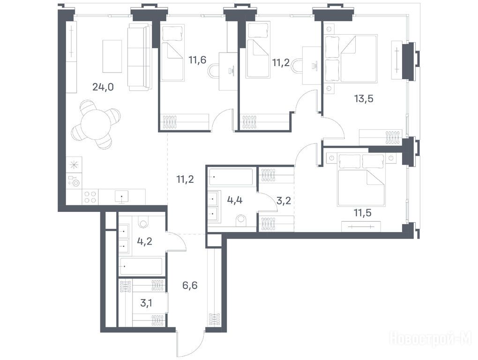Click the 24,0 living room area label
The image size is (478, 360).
(x=103, y=87)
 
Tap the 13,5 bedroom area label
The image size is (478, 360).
(x=364, y=99)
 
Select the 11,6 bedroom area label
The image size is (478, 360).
(x=197, y=60)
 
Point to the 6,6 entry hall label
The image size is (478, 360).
(x=190, y=285)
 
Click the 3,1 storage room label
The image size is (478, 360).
(x=147, y=303)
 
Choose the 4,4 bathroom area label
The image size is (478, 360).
(x=235, y=200)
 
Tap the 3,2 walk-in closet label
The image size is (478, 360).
(x=284, y=201)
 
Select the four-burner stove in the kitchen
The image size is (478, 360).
(x=90, y=197)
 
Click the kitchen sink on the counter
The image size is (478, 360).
(x=122, y=196)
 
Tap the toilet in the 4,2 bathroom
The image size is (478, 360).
(x=142, y=222)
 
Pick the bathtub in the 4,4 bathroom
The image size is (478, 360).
(x=231, y=177)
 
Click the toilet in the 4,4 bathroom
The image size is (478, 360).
(x=241, y=221)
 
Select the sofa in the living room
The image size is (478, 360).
(x=140, y=57)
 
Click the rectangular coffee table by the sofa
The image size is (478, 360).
(x=112, y=56)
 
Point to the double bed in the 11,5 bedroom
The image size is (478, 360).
(x=361, y=180)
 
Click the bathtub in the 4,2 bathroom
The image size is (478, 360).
(x=141, y=267)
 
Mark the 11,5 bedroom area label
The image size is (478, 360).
(x=362, y=212)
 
